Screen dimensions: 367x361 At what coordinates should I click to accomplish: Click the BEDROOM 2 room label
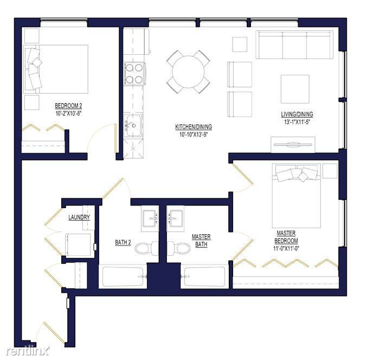pos(68,106)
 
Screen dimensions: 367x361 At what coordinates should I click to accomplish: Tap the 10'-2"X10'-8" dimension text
pos(68,113)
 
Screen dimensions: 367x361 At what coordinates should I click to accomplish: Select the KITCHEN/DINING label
pos(194,127)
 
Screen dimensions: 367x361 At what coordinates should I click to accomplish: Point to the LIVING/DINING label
pos(297,114)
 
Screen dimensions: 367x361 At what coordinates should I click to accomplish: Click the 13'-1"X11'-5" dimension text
pos(297,121)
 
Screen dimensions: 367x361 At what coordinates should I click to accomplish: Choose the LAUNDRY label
pos(79,217)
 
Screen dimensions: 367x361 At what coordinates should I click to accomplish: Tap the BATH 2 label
pos(123,242)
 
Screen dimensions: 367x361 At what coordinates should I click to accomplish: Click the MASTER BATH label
pos(201,241)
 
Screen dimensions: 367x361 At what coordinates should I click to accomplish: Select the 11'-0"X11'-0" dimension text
pos(286,248)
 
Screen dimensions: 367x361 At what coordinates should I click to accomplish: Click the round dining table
pos(188,72)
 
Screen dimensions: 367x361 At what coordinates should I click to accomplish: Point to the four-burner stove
pos(134,74)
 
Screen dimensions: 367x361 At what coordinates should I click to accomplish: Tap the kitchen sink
pos(133,126)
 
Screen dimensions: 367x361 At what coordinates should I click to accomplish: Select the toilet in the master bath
pos(179,248)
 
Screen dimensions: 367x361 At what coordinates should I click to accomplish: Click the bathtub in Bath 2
pos(123,276)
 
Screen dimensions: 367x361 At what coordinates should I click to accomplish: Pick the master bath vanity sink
pos(175,218)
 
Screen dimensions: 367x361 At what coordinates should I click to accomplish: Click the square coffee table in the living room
pos(295,89)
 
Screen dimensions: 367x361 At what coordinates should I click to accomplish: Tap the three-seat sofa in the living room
pos(294,44)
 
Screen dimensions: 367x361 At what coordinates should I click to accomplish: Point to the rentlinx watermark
pos(28,350)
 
